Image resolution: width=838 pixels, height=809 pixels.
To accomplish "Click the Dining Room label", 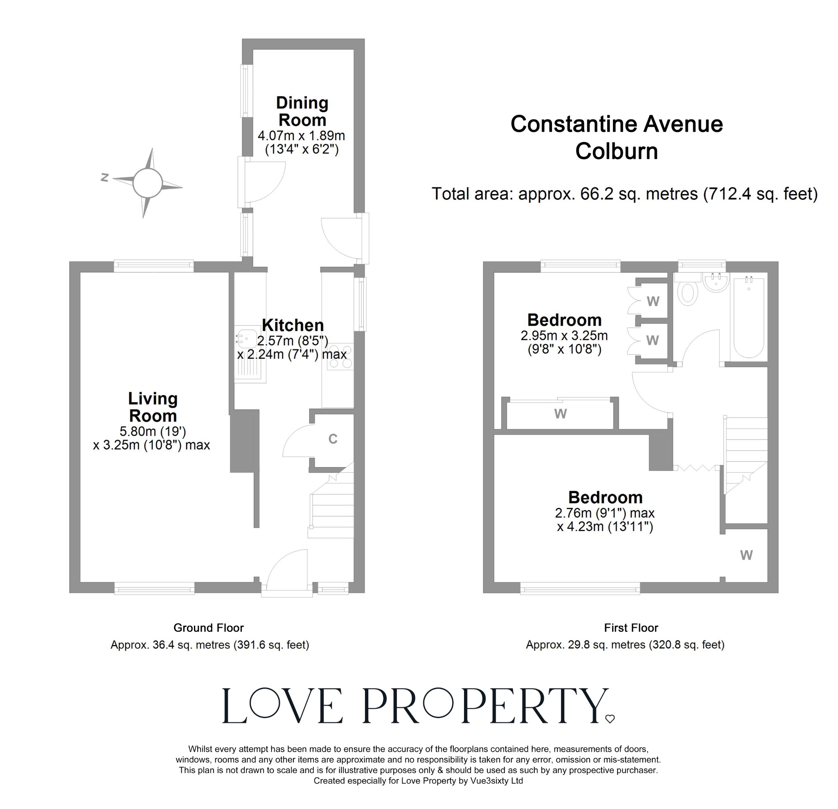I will coord(302,111).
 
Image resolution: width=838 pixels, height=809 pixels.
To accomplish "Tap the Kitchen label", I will coord(293,325).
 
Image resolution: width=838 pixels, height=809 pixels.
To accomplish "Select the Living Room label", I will coord(153,407).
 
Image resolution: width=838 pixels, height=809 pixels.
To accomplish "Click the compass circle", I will coord(147,183).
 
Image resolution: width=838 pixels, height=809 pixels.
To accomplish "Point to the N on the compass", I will coord(104,178).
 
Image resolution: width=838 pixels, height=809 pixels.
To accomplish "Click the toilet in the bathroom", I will coord(688,293).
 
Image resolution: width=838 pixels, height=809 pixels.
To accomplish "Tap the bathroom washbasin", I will coord(716,283).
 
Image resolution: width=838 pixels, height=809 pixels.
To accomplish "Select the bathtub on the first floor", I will coord(749,317).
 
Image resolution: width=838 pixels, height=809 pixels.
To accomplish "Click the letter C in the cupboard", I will coord(333,439).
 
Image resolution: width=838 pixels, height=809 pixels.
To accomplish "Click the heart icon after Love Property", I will coord(610,719).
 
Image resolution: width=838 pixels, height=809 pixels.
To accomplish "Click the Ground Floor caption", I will coord(208,628).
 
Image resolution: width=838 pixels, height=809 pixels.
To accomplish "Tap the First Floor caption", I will coord(631,628).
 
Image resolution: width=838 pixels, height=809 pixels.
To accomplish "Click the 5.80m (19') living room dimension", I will coord(153,431).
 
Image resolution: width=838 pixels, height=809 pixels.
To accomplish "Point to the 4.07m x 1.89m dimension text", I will coord(301,136).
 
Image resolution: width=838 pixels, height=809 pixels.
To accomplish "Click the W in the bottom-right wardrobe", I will coord(746,555).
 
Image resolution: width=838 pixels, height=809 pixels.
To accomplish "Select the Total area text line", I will coord(624,194).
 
